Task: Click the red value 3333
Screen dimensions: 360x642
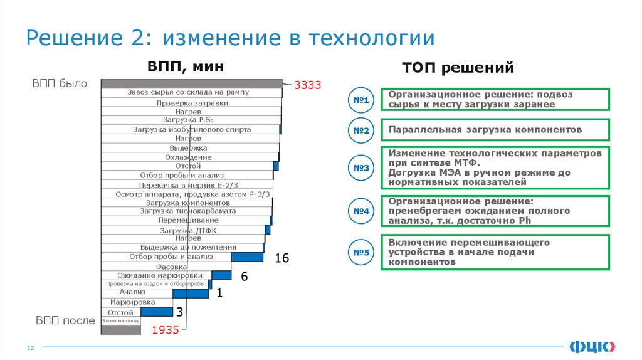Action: click(307, 85)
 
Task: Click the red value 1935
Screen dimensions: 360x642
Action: click(166, 331)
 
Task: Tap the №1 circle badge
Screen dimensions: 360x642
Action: click(360, 100)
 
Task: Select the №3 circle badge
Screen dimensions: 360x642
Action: click(360, 168)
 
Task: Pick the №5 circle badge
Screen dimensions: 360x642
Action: click(360, 253)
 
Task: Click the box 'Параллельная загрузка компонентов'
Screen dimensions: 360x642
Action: click(495, 130)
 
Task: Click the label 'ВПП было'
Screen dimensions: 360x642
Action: click(60, 83)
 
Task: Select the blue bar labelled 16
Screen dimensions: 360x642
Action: click(247, 257)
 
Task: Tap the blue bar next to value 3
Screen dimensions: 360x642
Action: click(157, 312)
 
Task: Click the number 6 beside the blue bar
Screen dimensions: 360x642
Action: click(245, 277)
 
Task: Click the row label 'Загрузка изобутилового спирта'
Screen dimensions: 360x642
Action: click(192, 130)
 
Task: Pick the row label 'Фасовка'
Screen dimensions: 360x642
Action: click(171, 267)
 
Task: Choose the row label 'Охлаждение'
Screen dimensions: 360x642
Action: click(188, 157)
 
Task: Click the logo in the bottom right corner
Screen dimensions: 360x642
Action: click(592, 346)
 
